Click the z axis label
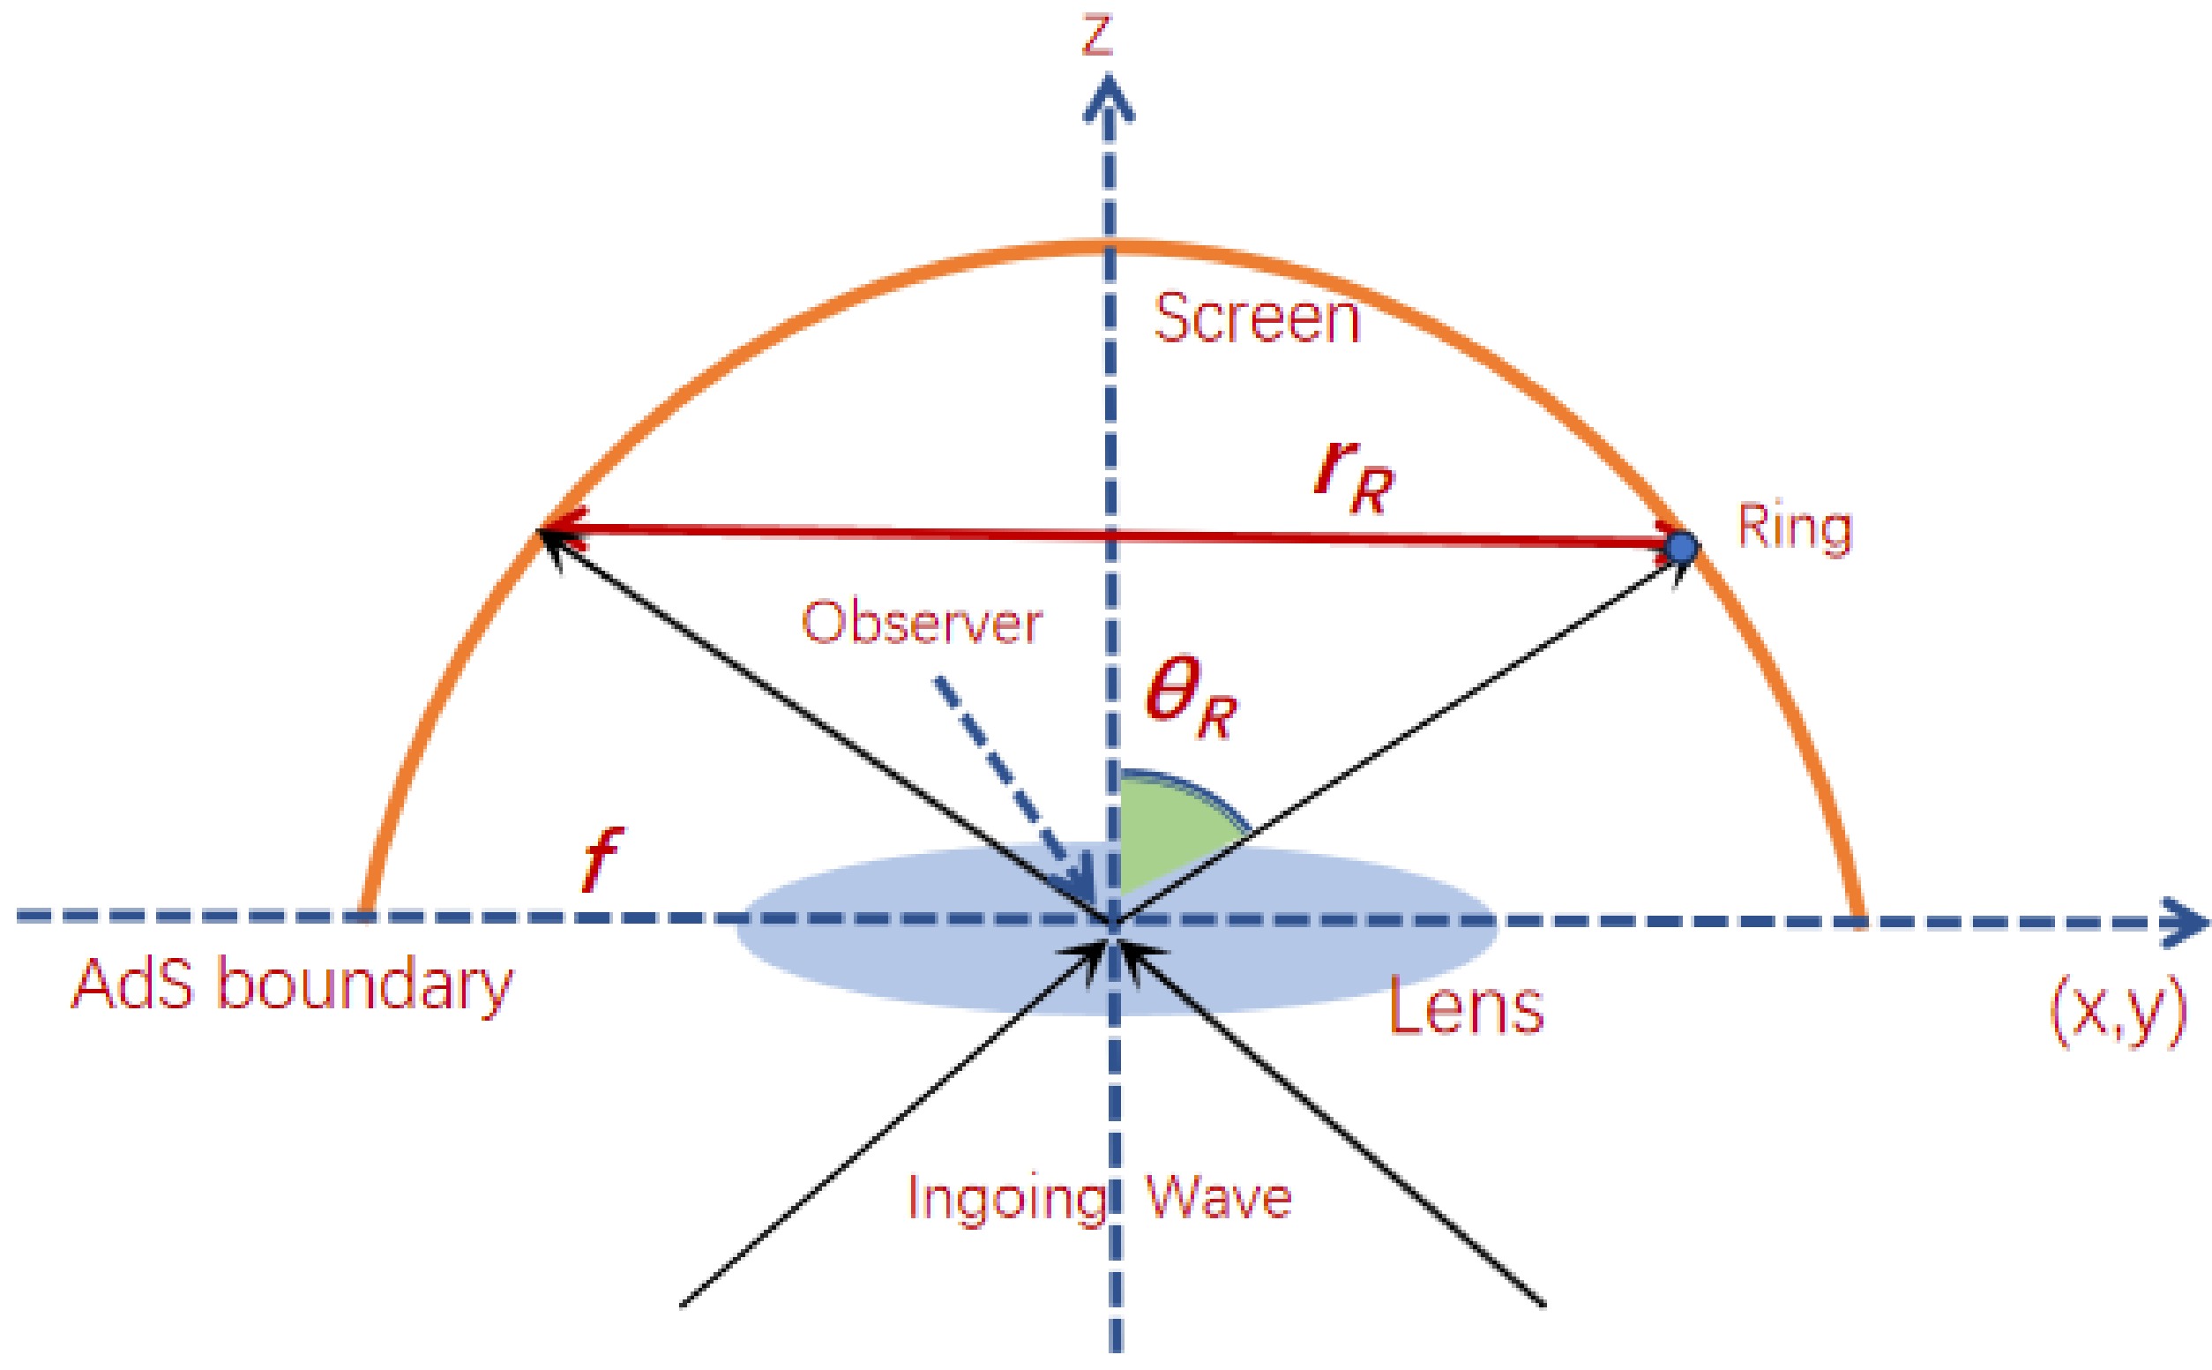click(1097, 38)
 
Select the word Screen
click(1256, 319)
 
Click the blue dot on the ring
click(1682, 546)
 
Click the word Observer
click(921, 625)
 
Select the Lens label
click(1465, 1008)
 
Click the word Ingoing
click(1005, 1199)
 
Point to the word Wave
click(1218, 1198)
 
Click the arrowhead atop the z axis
click(1108, 100)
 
